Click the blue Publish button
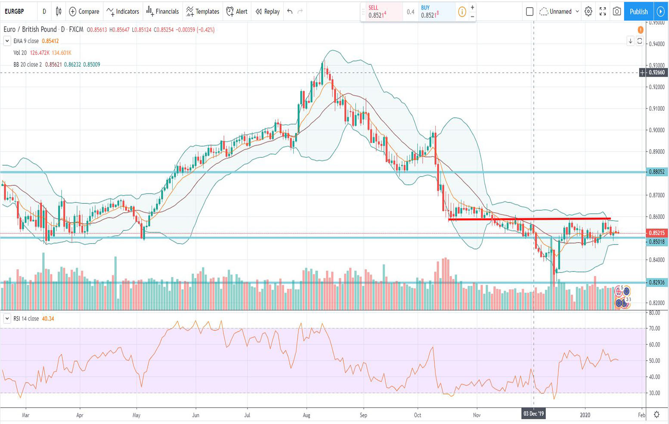click(x=638, y=12)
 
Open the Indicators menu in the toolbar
click(x=123, y=12)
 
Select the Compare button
click(x=84, y=12)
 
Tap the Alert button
click(x=237, y=12)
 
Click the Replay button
click(x=267, y=12)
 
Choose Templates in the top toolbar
click(x=202, y=12)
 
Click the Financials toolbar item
click(x=162, y=12)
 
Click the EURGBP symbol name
click(x=15, y=12)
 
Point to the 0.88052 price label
click(x=657, y=172)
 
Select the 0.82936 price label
click(x=657, y=283)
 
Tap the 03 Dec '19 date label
click(x=533, y=414)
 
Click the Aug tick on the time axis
click(x=307, y=415)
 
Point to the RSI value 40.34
click(x=48, y=319)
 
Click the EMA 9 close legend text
click(x=26, y=41)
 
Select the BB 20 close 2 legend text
click(x=28, y=65)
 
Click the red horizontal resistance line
click(x=529, y=219)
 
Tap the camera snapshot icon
click(x=616, y=12)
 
